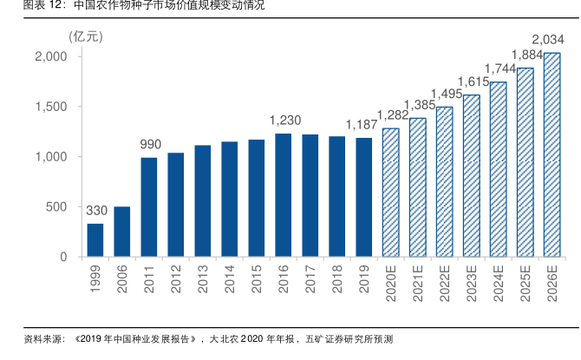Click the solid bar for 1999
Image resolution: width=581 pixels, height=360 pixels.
coord(95,240)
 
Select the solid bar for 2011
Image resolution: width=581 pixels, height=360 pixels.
coord(149,207)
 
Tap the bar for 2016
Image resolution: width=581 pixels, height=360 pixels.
coord(283,195)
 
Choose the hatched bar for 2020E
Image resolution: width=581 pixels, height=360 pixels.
coord(390,193)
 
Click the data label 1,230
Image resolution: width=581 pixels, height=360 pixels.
coord(285,121)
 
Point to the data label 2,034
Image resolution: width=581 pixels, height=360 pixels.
coord(548,40)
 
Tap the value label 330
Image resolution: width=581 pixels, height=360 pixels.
coord(95,211)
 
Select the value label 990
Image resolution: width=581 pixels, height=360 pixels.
coord(150,144)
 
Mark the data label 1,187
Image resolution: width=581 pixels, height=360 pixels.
coord(362,124)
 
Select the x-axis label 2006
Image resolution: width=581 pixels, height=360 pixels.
coord(123,280)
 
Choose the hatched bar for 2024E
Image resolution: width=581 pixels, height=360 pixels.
coord(498,169)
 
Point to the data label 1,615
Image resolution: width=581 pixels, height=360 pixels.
coord(473,82)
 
